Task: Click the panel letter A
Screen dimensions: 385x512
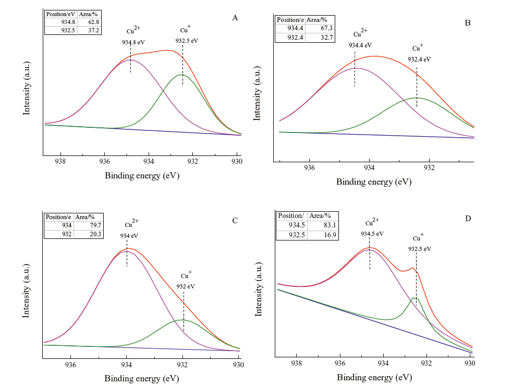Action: [x=235, y=18]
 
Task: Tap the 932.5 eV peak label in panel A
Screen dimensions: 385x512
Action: [x=187, y=40]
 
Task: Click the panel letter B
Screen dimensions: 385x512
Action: [x=468, y=23]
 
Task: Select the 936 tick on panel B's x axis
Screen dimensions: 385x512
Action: [x=310, y=168]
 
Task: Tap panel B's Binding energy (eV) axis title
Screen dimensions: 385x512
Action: [x=373, y=182]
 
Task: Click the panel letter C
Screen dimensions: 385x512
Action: [x=235, y=220]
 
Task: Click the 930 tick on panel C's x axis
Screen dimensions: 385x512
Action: [x=239, y=365]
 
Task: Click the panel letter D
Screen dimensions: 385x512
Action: [x=468, y=218]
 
